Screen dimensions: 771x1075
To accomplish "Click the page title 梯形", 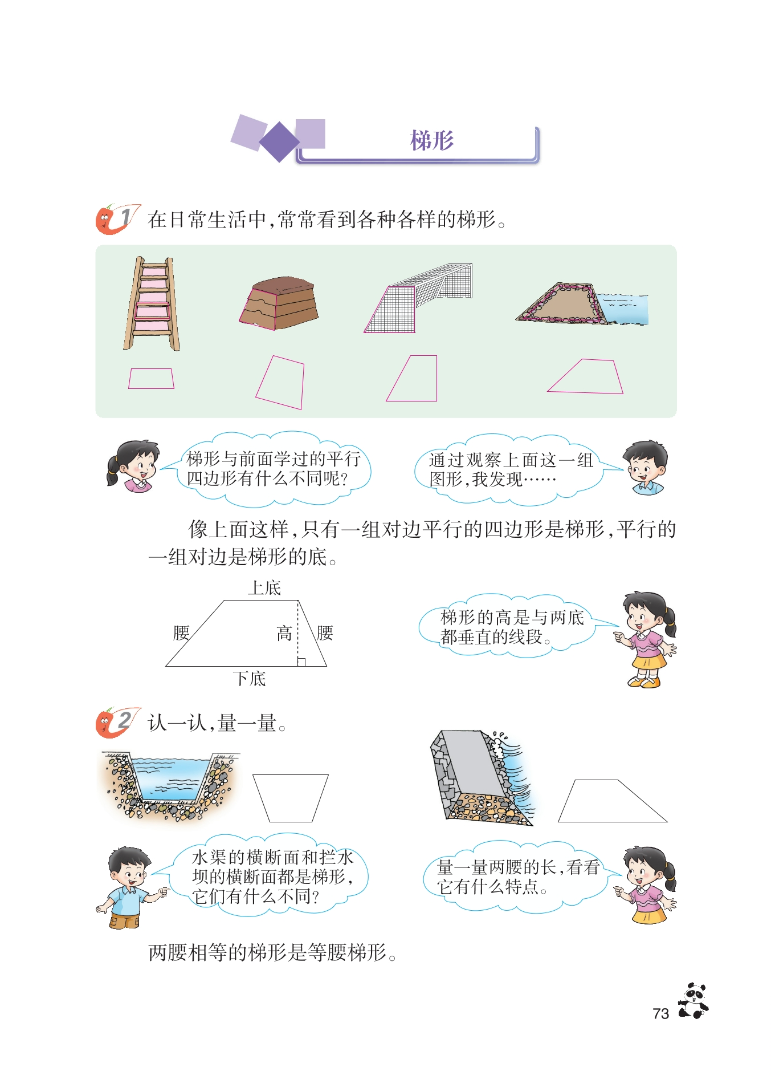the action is point(432,140).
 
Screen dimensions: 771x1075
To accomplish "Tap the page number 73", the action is point(660,1013).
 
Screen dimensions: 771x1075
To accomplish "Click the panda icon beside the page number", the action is point(694,1000).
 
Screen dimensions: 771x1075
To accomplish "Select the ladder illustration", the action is point(152,303).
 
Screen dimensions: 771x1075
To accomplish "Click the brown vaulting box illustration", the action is point(279,303).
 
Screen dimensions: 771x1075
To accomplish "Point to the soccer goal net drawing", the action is point(418,297).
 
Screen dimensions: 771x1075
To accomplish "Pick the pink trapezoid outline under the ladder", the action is point(151,379).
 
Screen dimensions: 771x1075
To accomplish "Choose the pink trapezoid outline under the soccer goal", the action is point(411,378).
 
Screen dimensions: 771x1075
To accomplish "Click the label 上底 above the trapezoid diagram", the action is point(264,587).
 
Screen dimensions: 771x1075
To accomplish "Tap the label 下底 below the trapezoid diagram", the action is point(249,678).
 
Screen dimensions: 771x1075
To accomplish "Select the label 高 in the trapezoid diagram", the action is point(284,633).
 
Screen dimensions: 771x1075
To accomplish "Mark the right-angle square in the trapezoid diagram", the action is point(301,662).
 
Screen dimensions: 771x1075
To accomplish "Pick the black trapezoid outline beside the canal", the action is point(291,798).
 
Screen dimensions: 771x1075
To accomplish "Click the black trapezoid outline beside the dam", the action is point(613,801).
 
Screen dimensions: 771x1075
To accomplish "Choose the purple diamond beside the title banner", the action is point(279,142).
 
